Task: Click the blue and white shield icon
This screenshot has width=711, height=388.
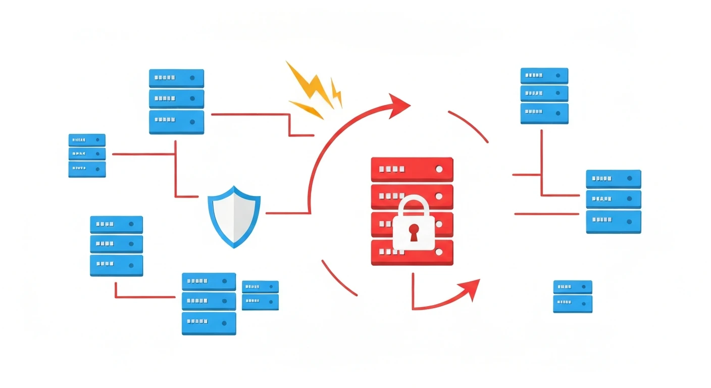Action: pos(234,216)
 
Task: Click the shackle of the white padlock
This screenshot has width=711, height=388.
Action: pos(414,207)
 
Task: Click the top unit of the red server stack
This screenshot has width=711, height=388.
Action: pos(412,169)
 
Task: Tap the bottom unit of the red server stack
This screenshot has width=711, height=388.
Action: pos(412,253)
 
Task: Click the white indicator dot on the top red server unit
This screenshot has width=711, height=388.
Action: pos(439,169)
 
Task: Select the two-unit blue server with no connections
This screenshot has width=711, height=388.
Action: pos(573,297)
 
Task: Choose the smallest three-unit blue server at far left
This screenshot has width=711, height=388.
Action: pos(87,155)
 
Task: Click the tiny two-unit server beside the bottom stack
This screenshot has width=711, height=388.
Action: pos(260,295)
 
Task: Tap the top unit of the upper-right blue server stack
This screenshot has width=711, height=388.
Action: pos(544,75)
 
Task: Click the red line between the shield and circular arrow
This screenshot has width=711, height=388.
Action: pos(287,213)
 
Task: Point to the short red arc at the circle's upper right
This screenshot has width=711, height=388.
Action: pos(469,126)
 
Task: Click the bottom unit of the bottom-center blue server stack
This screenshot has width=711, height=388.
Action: pos(209,323)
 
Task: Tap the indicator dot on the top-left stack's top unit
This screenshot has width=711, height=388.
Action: pos(192,78)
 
